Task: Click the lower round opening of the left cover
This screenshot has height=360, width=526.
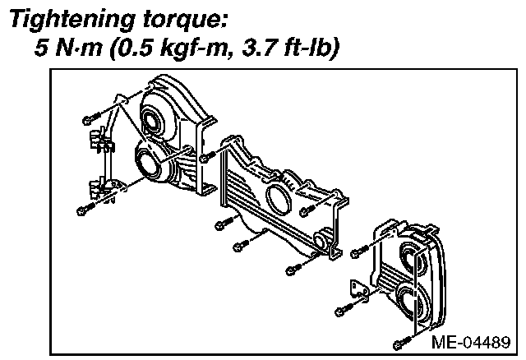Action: click(x=150, y=163)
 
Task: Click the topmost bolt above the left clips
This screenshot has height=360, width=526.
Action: click(x=91, y=120)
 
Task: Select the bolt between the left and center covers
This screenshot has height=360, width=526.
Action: click(x=206, y=154)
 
